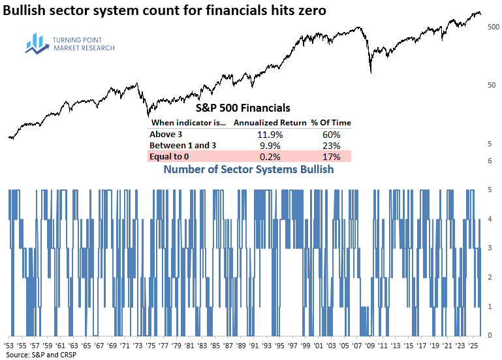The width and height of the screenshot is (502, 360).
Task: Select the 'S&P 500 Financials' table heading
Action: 243,108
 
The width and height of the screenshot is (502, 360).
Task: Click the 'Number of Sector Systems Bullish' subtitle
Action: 248,170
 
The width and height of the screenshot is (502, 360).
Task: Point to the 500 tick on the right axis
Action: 494,27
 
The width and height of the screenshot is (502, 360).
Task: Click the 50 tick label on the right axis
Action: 492,86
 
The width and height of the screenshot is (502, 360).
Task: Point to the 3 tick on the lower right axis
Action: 490,248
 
